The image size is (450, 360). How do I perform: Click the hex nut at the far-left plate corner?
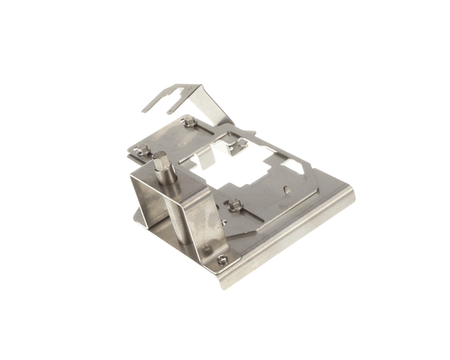[x=141, y=150]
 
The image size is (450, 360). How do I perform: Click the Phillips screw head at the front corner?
[x=221, y=260]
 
